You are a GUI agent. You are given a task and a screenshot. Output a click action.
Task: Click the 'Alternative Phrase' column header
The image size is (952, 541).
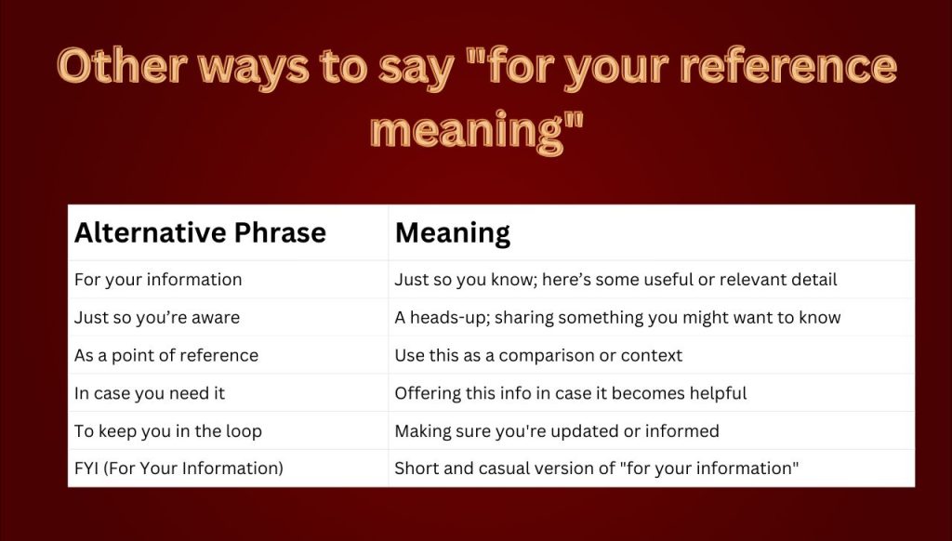pyautogui.click(x=200, y=232)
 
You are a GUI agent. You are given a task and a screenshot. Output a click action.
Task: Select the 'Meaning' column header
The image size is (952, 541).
pyautogui.click(x=453, y=233)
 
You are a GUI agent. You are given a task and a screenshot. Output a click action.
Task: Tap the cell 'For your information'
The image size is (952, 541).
pyautogui.click(x=158, y=280)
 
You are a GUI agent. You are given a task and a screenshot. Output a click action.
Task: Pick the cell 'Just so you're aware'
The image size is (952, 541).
pyautogui.click(x=156, y=318)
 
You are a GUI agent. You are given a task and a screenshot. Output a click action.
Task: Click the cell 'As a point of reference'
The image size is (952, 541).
pyautogui.click(x=165, y=355)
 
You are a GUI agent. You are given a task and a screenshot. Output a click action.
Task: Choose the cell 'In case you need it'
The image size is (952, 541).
pyautogui.click(x=150, y=393)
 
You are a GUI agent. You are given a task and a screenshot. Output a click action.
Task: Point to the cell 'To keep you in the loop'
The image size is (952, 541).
pyautogui.click(x=167, y=431)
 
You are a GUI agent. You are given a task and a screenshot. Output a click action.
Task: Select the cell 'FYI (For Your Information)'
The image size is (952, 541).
pyautogui.click(x=178, y=468)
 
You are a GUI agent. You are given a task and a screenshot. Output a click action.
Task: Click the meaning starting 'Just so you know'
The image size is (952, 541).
pyautogui.click(x=615, y=280)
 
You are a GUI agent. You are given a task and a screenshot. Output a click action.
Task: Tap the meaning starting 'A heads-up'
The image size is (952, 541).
pyautogui.click(x=617, y=318)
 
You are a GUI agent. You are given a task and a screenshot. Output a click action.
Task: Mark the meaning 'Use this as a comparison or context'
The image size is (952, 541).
pyautogui.click(x=538, y=355)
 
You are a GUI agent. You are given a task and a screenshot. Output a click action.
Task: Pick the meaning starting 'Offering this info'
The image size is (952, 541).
pyautogui.click(x=571, y=393)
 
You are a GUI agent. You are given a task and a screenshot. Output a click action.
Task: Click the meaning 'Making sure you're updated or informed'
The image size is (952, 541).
pyautogui.click(x=557, y=431)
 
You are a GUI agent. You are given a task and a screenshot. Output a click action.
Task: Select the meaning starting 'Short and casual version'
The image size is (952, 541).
pyautogui.click(x=597, y=468)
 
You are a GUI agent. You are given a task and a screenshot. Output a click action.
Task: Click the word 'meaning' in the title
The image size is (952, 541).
pyautogui.click(x=467, y=129)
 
